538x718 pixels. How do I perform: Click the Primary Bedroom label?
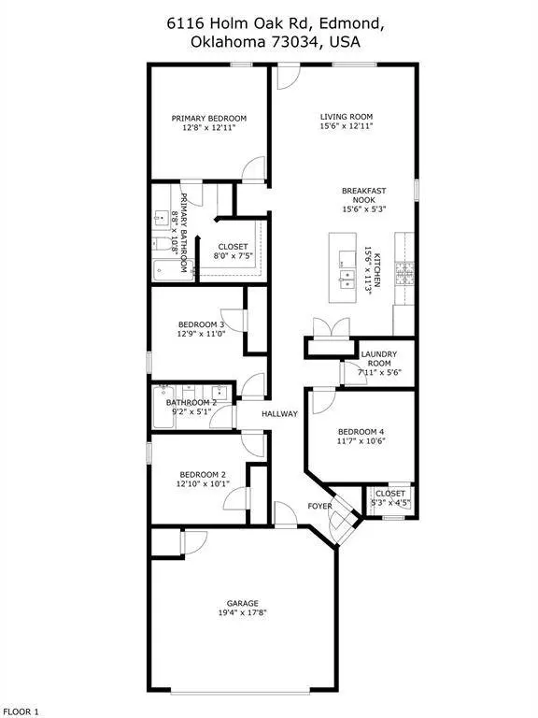(209, 118)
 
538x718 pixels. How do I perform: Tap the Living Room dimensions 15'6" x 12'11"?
(347, 126)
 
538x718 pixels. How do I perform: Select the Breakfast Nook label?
(364, 195)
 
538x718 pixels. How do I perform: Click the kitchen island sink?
(347, 279)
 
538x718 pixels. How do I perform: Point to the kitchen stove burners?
(404, 273)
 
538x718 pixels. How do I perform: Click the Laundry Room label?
(379, 359)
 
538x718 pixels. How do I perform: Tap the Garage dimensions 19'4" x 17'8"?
(243, 612)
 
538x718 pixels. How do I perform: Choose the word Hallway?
(279, 413)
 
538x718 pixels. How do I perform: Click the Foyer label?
(319, 506)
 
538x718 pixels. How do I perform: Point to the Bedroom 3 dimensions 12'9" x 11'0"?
(202, 334)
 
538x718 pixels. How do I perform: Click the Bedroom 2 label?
(203, 474)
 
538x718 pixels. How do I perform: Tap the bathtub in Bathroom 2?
(163, 407)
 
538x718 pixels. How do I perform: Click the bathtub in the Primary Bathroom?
(174, 270)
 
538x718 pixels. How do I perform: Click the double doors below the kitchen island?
(332, 328)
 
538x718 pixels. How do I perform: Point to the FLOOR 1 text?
(21, 711)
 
